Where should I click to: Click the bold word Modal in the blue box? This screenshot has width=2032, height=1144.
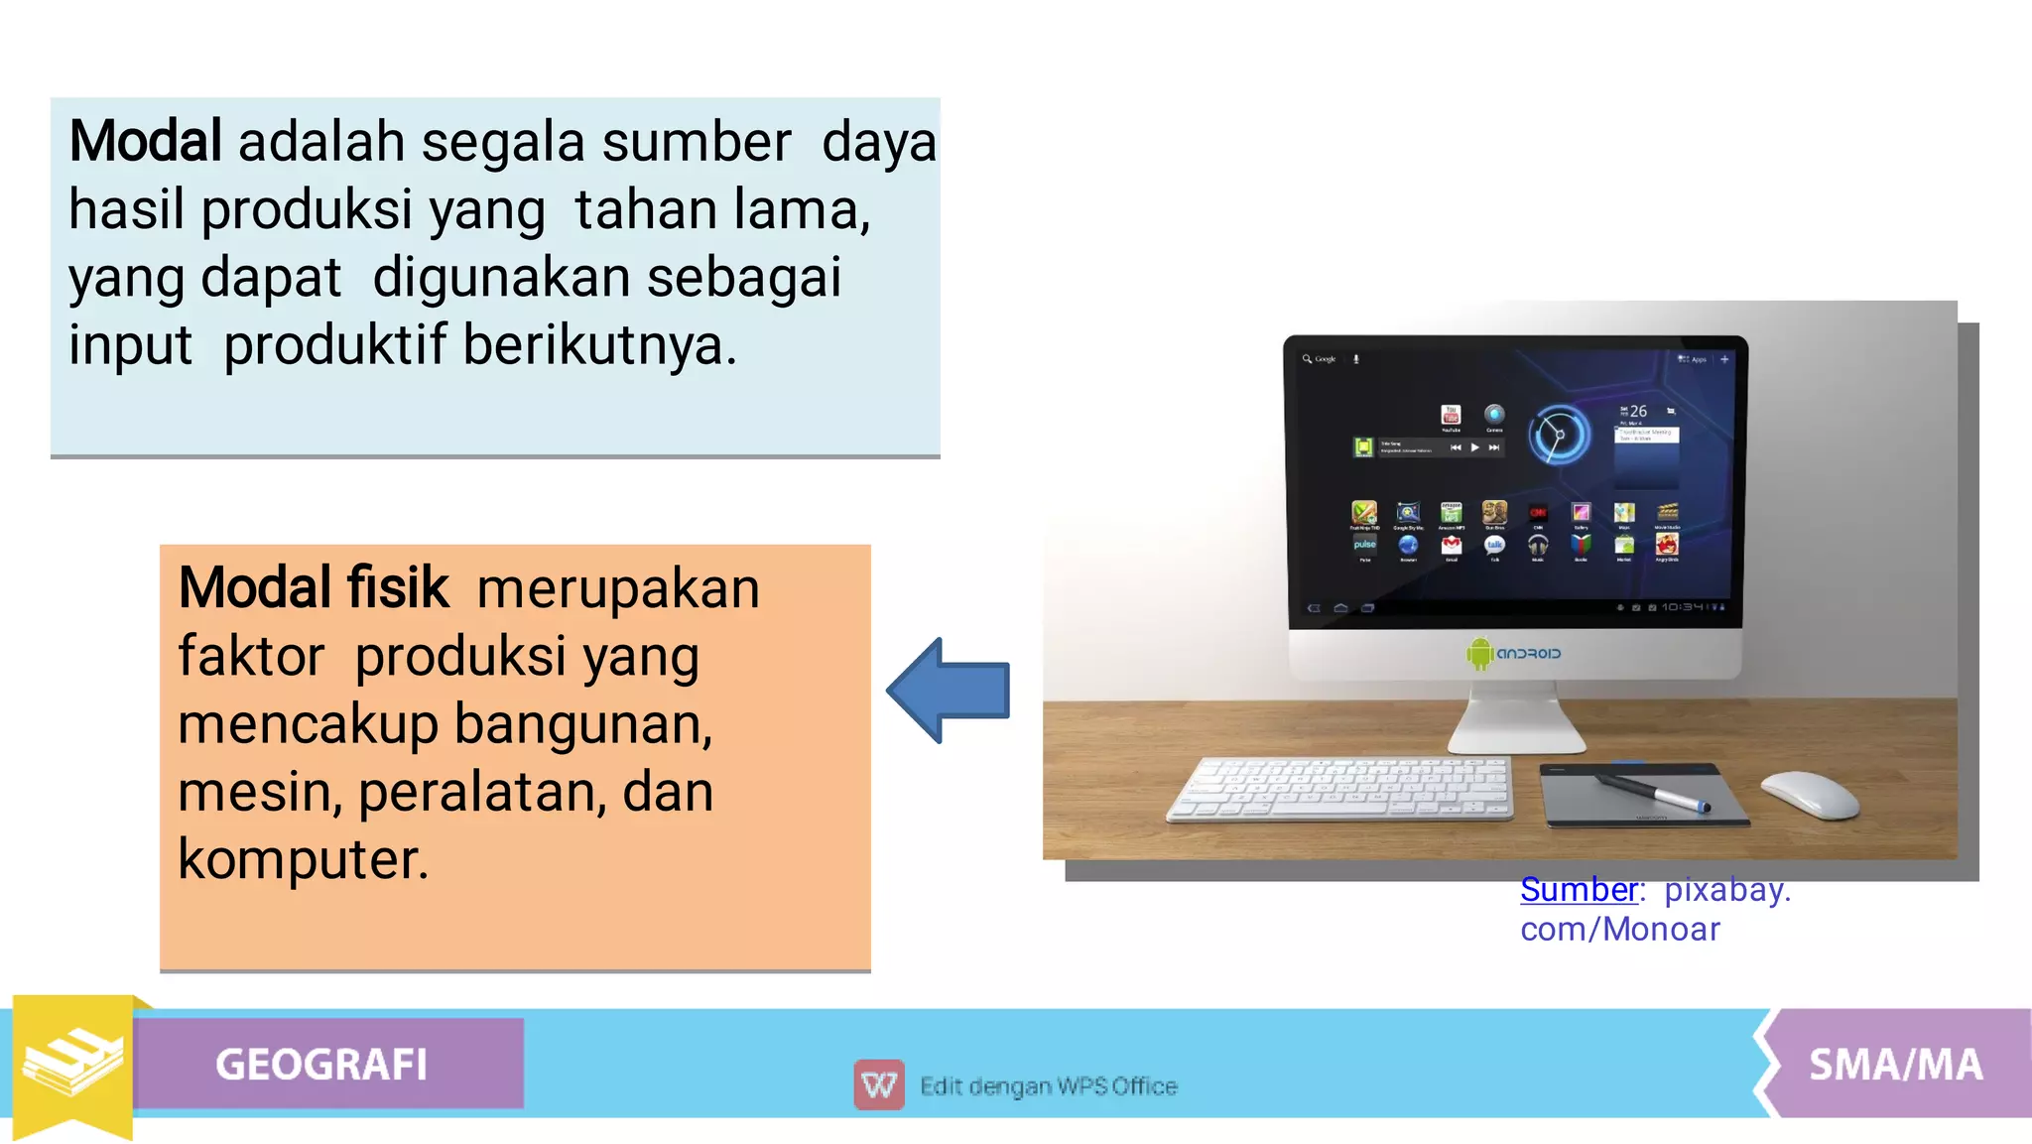click(145, 142)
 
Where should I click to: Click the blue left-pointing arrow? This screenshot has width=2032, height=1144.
click(948, 691)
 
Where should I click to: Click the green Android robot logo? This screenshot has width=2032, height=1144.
click(1479, 653)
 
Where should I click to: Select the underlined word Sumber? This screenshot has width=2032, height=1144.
click(1579, 890)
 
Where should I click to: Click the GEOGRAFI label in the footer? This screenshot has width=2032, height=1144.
click(321, 1065)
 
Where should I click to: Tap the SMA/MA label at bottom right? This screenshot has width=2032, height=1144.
click(1895, 1065)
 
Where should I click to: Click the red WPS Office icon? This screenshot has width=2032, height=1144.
click(878, 1084)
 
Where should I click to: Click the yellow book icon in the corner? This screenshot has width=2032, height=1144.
click(71, 1063)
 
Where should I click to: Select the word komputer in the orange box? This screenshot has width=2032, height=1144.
click(302, 859)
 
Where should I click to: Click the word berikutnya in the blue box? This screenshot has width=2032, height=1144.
click(599, 345)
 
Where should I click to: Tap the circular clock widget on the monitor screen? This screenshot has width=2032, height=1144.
click(1558, 435)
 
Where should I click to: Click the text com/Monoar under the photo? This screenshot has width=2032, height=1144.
click(1619, 930)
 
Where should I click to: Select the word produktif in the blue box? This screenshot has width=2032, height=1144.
click(334, 345)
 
